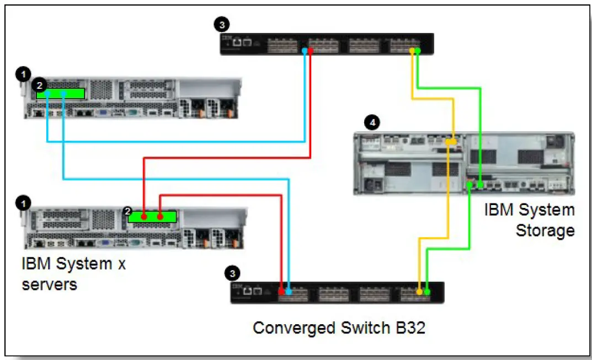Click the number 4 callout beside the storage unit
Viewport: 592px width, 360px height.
[x=374, y=122]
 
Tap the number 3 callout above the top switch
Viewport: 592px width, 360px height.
[x=221, y=24]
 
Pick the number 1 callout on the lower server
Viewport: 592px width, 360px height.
[x=23, y=203]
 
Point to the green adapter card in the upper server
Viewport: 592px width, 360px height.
[x=61, y=93]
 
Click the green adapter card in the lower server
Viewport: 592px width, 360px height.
[x=152, y=217]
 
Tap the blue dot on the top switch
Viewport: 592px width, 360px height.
[x=305, y=51]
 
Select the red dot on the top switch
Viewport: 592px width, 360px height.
[x=311, y=51]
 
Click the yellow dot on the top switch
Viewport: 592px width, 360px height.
[x=412, y=51]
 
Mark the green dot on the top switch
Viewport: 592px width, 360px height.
[x=418, y=51]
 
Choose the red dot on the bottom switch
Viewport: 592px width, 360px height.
[x=282, y=291]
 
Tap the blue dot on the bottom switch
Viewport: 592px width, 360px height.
[x=289, y=291]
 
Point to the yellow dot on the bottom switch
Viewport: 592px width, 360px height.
[x=420, y=291]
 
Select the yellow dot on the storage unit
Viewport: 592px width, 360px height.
[x=451, y=142]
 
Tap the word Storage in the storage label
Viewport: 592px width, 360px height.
[x=545, y=230]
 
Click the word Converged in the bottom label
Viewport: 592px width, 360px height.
[x=286, y=328]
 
